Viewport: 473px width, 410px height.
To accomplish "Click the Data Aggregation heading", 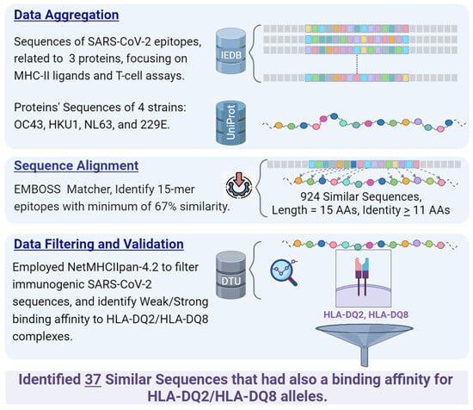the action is pos(66,16).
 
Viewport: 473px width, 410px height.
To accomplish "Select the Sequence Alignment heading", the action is pos(77,165).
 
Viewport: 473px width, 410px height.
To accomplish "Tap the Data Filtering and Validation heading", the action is pos(99,244).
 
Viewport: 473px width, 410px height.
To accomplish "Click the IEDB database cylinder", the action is pos(230,51).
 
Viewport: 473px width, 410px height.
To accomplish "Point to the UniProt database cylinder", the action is pos(230,122).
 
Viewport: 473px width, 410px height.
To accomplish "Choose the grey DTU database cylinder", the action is pos(230,276).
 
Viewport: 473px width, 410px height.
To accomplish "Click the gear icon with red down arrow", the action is pos(238,185).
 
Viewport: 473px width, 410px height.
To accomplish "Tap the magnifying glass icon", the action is pos(284,272).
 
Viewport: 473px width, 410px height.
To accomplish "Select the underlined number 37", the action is pos(93,380).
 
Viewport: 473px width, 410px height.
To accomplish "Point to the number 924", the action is pos(310,196).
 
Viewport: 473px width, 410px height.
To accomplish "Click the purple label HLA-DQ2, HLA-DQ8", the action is pos(365,315).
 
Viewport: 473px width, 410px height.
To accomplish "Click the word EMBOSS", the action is pos(37,189).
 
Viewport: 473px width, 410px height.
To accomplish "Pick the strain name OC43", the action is pos(28,125).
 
